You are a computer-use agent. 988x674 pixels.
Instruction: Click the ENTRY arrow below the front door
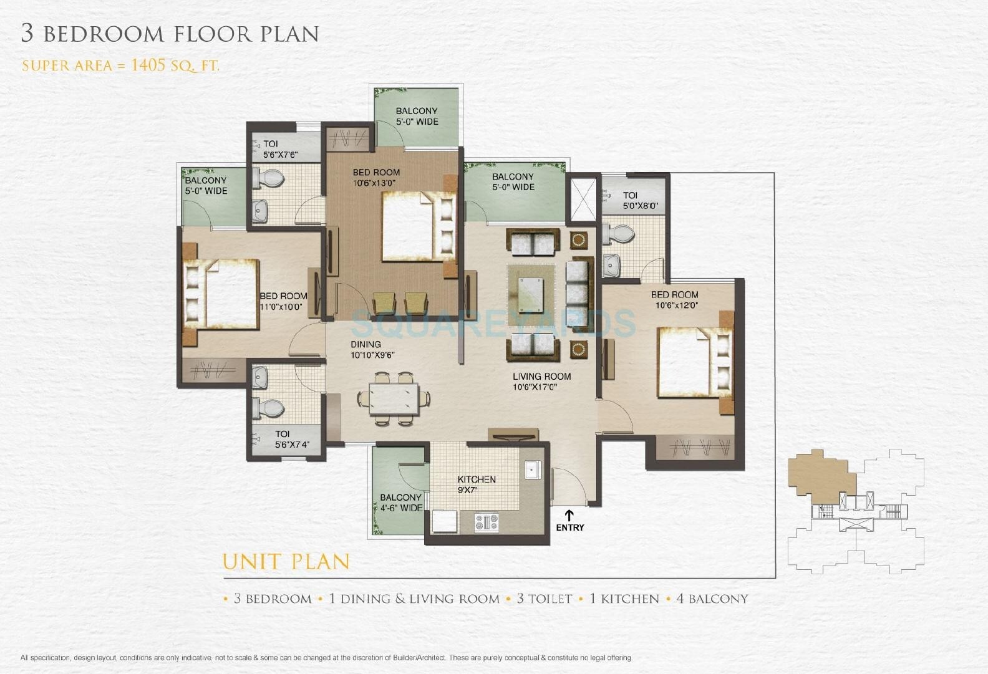tap(569, 515)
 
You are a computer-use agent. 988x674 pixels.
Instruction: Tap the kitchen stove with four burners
tap(487, 522)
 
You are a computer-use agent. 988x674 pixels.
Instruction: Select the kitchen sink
tap(533, 469)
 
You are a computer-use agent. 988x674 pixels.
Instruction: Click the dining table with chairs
tap(394, 398)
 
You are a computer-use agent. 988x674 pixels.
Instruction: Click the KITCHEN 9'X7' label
tap(477, 484)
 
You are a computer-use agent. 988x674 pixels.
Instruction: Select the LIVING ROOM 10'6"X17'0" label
tap(541, 381)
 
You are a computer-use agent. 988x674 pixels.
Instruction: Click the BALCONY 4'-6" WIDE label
tap(401, 503)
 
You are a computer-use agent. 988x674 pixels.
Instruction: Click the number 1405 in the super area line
tap(149, 64)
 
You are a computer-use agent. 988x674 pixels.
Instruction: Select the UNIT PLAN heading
tap(286, 561)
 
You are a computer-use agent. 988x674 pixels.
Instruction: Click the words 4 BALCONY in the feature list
tap(712, 599)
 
